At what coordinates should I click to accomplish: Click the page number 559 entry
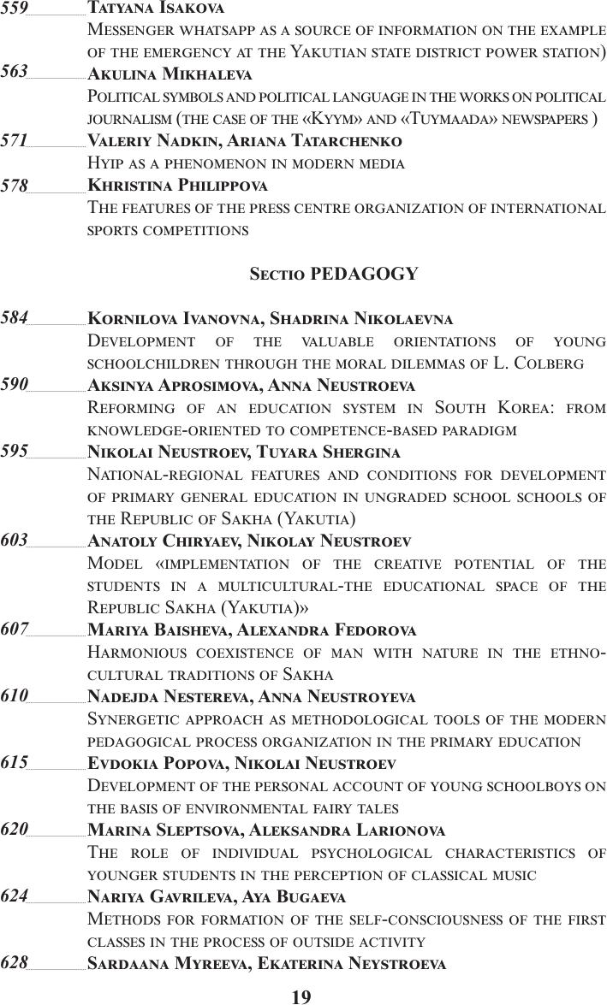pyautogui.click(x=14, y=8)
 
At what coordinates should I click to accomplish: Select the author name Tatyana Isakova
pyautogui.click(x=156, y=9)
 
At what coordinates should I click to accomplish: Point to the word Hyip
pyautogui.click(x=106, y=163)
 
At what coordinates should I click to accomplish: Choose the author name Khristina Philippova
pyautogui.click(x=178, y=185)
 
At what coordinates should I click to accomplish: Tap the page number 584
pyautogui.click(x=14, y=318)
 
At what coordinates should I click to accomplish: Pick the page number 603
pyautogui.click(x=14, y=540)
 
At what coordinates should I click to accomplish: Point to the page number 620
pyautogui.click(x=14, y=829)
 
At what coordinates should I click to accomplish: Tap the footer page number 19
pyautogui.click(x=301, y=996)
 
